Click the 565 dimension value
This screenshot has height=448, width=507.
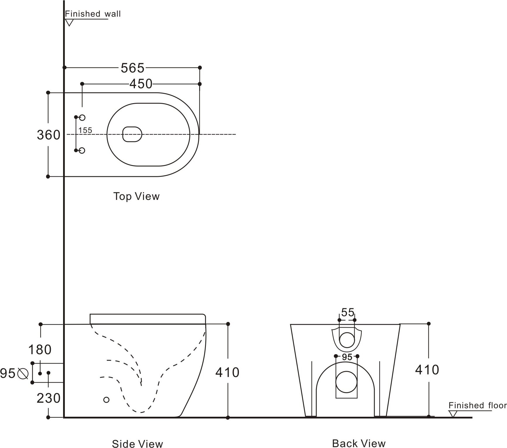pos(133,68)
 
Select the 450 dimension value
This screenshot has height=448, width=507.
pos(141,84)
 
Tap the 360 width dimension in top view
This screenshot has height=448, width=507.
pos(48,135)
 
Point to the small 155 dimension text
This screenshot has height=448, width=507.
pos(85,130)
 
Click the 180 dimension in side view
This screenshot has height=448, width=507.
pos(40,350)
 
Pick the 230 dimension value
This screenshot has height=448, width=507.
pos(48,398)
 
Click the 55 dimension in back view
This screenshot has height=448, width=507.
pos(348,312)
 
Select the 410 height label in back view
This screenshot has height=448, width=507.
pos(427,370)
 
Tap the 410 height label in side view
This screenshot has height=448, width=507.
pos(227,372)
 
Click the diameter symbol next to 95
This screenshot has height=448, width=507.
pos(23,373)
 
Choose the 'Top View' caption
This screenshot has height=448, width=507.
pos(136,196)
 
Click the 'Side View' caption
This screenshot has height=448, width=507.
pos(137,444)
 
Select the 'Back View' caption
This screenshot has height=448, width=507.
pos(359,443)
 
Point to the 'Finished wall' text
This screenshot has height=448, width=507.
pos(93,14)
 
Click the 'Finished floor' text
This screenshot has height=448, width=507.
pos(477,405)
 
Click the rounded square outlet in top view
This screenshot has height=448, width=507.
pos(132,134)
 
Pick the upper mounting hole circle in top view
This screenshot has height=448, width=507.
pos(82,117)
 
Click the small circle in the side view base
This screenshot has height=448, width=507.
pos(106,399)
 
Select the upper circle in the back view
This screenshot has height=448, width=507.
pos(347,340)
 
